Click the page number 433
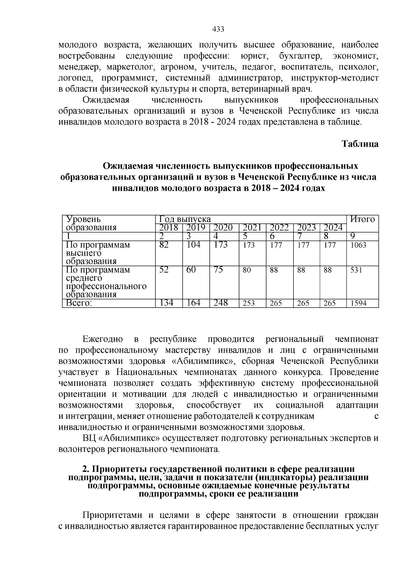pos(218,29)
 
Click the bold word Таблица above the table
pos(360,144)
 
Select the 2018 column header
pos(169,228)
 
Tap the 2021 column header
pos(252,228)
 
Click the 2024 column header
pos(333,228)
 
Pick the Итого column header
pos(362,219)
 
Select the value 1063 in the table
pos(358,245)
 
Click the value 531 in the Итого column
pos(356,270)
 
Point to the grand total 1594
pos(358,303)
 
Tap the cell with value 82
pos(164,245)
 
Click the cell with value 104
pos(193,245)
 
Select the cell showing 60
pos(191,270)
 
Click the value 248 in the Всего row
pos(221,303)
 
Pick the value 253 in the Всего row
pos(249,303)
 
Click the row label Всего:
pos(79,303)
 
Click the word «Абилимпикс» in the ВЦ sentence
pos(129,438)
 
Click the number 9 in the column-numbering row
pos(352,236)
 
